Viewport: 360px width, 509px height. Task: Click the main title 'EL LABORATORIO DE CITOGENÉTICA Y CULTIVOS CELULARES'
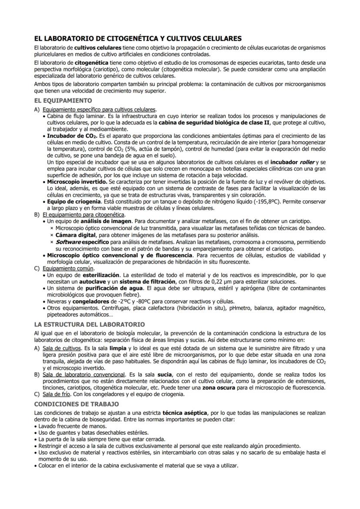coord(138,39)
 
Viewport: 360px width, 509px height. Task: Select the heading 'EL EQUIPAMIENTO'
coord(63,100)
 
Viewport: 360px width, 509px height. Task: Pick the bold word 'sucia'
coord(163,374)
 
